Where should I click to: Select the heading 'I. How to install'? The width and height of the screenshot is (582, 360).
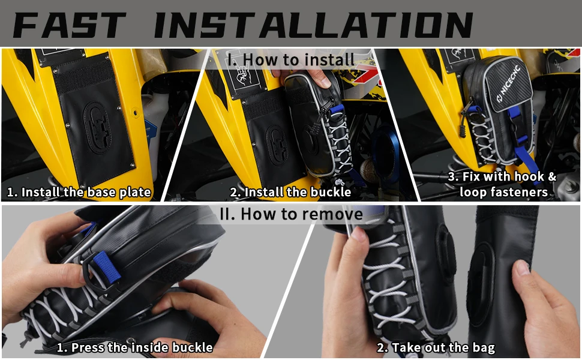pos(291,59)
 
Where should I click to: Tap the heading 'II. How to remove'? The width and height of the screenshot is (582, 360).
pos(291,214)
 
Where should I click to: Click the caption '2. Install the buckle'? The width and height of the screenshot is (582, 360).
pos(291,193)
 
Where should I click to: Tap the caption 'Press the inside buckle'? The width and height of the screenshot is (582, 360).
pos(134,347)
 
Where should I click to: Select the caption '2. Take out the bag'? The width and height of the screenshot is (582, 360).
pos(436,347)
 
